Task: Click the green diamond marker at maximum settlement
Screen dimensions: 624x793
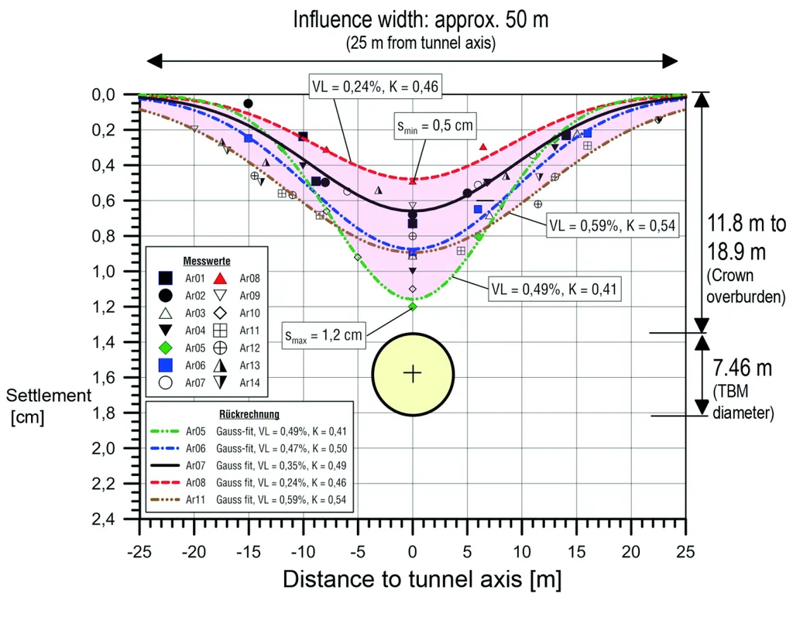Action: point(413,307)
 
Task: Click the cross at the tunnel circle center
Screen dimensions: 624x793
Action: point(413,374)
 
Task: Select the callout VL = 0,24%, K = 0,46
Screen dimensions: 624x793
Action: point(375,87)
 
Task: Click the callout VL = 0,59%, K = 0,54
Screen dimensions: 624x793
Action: point(613,226)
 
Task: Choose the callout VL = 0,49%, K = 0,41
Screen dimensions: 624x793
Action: point(554,290)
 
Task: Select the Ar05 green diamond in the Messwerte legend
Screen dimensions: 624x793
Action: point(165,331)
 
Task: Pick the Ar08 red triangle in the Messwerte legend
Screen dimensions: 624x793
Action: point(220,278)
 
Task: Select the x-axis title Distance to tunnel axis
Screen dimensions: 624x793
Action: point(421,579)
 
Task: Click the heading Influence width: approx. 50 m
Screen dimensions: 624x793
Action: point(421,19)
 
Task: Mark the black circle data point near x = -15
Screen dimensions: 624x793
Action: point(248,104)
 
